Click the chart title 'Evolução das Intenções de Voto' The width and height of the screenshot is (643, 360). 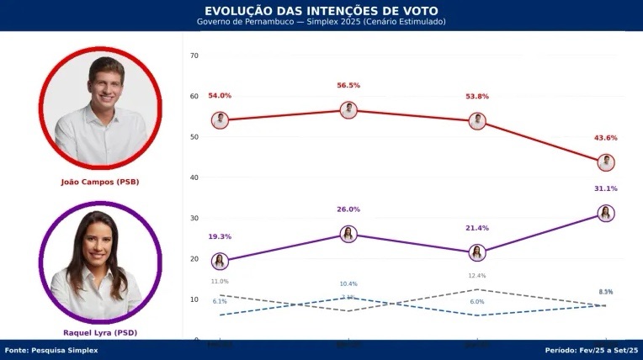pyautogui.click(x=321, y=10)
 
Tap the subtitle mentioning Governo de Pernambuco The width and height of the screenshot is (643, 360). pyautogui.click(x=321, y=21)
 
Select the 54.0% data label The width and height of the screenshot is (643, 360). pyautogui.click(x=220, y=96)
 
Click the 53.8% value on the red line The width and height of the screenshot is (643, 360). pyautogui.click(x=477, y=97)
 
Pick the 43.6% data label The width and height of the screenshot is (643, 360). pyautogui.click(x=605, y=138)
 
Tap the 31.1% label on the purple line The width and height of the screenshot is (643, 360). pyautogui.click(x=605, y=188)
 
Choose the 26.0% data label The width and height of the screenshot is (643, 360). pyautogui.click(x=348, y=209)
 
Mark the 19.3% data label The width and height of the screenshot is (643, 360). pyautogui.click(x=220, y=236)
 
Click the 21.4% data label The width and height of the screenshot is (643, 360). pyautogui.click(x=477, y=228)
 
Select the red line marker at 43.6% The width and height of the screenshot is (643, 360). pyautogui.click(x=605, y=162)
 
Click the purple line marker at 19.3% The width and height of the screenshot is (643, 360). pyautogui.click(x=220, y=262)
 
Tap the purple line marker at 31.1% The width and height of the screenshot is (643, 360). pyautogui.click(x=605, y=214)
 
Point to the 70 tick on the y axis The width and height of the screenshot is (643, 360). pyautogui.click(x=194, y=56)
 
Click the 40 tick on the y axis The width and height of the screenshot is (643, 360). pyautogui.click(x=194, y=177)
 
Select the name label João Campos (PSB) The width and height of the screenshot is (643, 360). pyautogui.click(x=99, y=181)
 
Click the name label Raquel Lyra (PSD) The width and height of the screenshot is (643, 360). pyautogui.click(x=99, y=333)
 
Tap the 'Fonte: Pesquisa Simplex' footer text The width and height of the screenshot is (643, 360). pyautogui.click(x=51, y=350)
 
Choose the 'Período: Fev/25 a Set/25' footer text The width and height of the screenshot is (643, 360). pyautogui.click(x=592, y=350)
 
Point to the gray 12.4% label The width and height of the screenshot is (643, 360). pyautogui.click(x=477, y=276)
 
